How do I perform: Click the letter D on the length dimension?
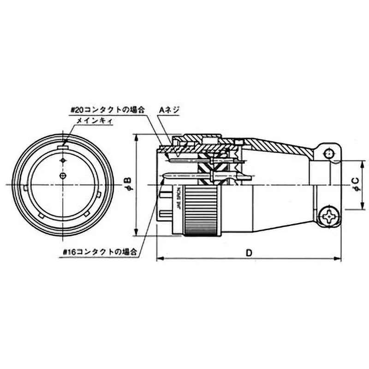click(249, 253)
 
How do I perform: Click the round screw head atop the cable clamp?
click(328, 154)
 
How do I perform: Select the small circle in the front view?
click(63, 175)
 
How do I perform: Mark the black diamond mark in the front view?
click(63, 160)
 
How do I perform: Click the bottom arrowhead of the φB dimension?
click(137, 233)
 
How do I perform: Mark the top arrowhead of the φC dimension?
click(361, 163)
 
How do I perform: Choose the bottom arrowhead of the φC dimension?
click(361, 207)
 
